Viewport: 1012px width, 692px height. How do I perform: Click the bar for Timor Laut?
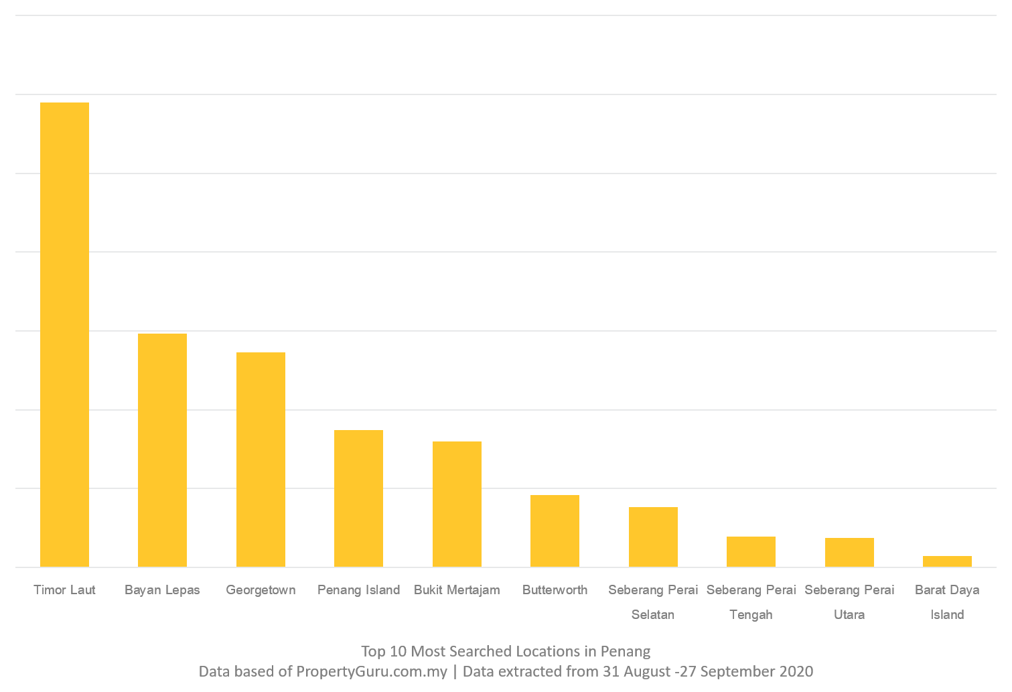[x=64, y=335]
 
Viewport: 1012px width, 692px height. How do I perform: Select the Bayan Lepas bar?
[x=162, y=450]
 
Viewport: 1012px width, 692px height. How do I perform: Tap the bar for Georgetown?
[x=261, y=460]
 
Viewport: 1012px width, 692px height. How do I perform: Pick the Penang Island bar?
[x=358, y=498]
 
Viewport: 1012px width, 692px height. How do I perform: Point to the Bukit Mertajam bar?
[x=457, y=504]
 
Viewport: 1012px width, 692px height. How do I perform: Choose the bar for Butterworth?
[x=555, y=531]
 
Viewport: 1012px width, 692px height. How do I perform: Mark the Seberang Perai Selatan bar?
[x=653, y=537]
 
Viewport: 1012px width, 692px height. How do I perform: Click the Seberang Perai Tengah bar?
[x=751, y=552]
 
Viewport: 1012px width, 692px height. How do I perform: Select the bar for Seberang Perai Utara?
[x=849, y=553]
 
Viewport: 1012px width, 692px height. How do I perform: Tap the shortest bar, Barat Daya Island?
[x=947, y=561]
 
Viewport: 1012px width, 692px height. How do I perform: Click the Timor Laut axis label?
[x=64, y=590]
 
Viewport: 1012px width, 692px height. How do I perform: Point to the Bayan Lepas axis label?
[x=162, y=590]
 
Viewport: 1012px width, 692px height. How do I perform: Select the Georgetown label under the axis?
[x=261, y=590]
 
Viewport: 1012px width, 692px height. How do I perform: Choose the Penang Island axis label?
[x=358, y=590]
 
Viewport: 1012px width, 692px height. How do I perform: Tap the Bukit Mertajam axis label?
[x=457, y=590]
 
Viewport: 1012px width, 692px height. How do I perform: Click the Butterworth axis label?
[x=555, y=590]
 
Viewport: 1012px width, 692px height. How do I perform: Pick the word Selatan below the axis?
[x=653, y=615]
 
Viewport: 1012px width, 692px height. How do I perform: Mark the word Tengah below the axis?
[x=751, y=615]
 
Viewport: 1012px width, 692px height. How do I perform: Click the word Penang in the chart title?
[x=625, y=651]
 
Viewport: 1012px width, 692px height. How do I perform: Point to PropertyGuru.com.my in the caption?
[x=372, y=671]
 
